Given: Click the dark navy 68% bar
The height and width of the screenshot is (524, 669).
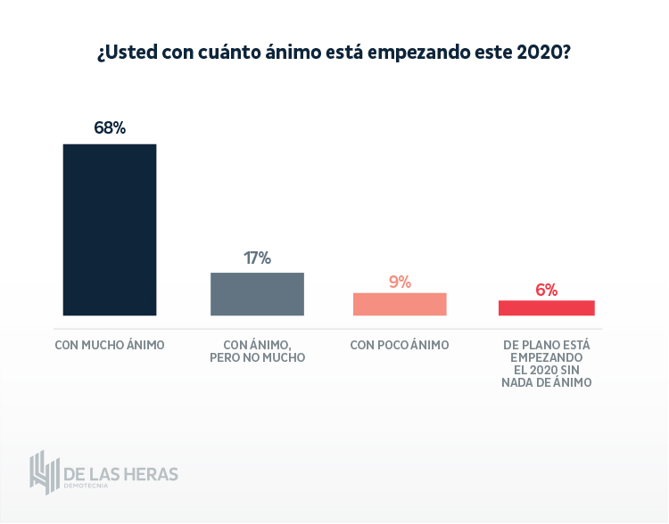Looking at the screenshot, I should tap(110, 229).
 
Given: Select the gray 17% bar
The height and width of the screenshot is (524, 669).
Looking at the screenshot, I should tap(257, 293).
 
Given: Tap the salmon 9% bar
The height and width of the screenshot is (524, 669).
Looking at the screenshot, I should tap(400, 304).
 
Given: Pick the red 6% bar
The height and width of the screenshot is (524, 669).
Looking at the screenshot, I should tap(546, 307).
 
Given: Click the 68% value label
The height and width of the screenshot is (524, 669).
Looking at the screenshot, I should tap(110, 127).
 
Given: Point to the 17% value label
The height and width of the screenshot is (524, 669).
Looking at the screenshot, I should tap(257, 258).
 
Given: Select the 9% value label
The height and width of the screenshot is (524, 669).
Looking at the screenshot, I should tap(400, 282).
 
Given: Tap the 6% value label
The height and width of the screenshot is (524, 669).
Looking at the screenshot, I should tap(546, 290).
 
